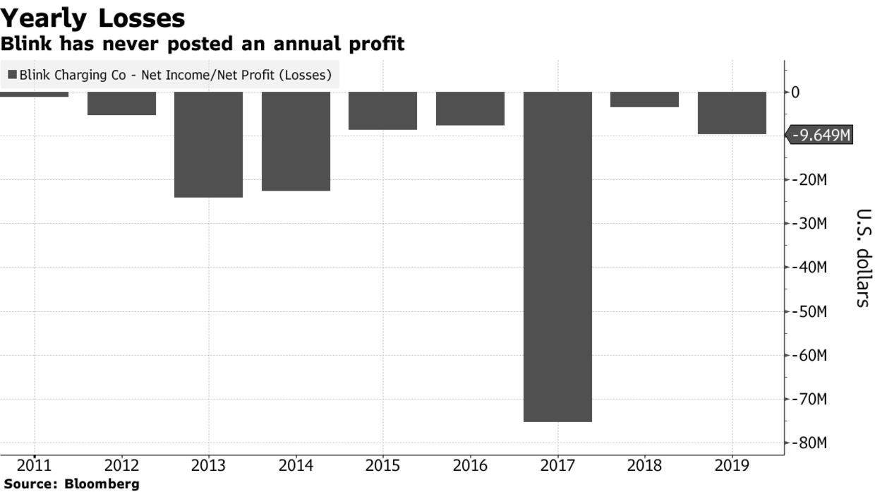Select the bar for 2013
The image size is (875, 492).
[208, 144]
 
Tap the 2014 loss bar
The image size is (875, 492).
[296, 141]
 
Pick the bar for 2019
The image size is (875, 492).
[732, 113]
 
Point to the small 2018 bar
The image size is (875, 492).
[644, 100]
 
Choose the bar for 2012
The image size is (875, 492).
[121, 103]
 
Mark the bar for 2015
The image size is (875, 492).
[382, 111]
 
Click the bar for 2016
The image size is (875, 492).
[470, 109]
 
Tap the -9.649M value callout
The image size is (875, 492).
[821, 135]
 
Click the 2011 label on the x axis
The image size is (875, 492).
[34, 465]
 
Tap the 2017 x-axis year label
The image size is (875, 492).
[557, 465]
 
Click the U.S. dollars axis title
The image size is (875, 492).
[862, 258]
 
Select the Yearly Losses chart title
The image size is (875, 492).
[93, 18]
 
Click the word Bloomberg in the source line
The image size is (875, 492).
[102, 484]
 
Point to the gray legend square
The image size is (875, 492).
[12, 74]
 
